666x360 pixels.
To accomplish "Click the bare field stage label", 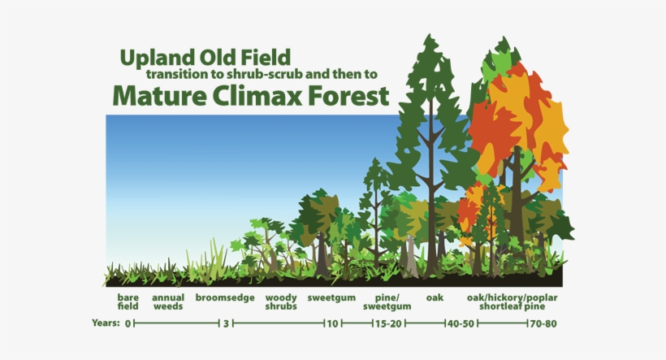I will [128, 302].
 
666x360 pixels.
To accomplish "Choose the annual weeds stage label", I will [167, 302].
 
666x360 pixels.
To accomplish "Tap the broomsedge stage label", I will [225, 298].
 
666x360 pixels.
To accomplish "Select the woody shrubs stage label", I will [281, 302].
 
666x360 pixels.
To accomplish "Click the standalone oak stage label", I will [435, 298].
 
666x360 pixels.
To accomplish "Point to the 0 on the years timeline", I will [128, 323].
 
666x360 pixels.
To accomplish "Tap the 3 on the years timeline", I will [226, 323].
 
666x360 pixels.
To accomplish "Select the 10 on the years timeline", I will [331, 323].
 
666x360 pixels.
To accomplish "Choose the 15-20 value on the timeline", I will [387, 323].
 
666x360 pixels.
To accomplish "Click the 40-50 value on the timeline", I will [459, 323].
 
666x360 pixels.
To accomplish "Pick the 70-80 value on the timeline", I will [543, 323].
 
